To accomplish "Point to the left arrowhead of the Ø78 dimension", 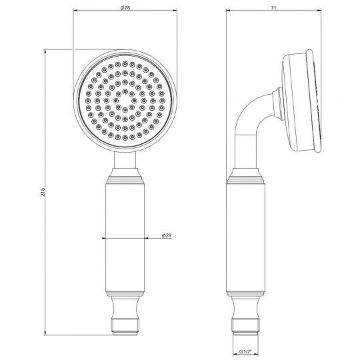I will click(74, 11).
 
